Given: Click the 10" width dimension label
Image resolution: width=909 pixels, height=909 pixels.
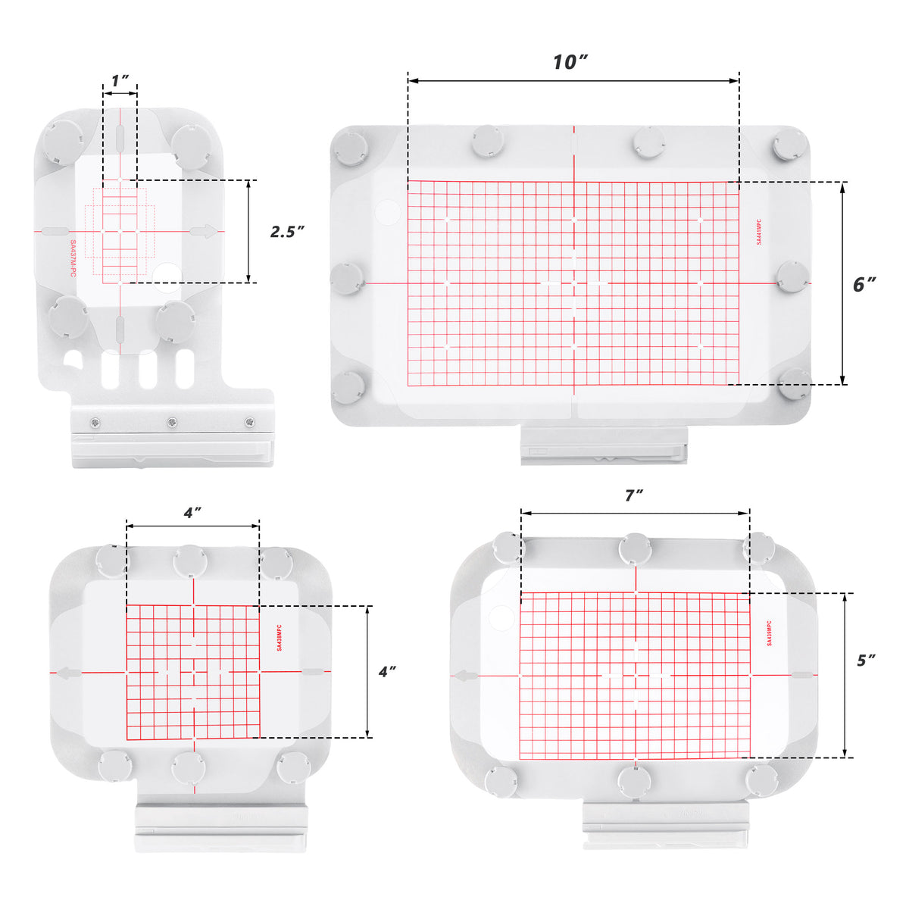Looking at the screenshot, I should coord(570,62).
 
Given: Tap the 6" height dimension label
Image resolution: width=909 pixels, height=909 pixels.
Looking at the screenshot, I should coord(864,284).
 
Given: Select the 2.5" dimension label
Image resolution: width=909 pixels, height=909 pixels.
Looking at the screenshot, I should coord(287,232).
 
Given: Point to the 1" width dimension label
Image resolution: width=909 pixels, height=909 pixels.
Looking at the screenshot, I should coord(120,80).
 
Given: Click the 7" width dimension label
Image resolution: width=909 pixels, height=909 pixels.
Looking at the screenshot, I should coord(634,495).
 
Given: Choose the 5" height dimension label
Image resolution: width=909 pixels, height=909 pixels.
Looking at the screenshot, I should coord(866,660).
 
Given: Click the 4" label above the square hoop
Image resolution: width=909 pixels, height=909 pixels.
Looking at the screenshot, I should coord(192,513).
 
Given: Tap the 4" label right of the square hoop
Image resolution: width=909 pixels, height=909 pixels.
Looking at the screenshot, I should coord(387,671).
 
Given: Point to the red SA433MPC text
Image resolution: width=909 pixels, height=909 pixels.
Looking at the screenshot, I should coord(280,638).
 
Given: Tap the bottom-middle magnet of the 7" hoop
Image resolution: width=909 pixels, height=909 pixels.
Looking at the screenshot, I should coord(633,779).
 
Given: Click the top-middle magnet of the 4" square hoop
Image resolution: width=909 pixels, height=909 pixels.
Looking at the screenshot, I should coord(189,561).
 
